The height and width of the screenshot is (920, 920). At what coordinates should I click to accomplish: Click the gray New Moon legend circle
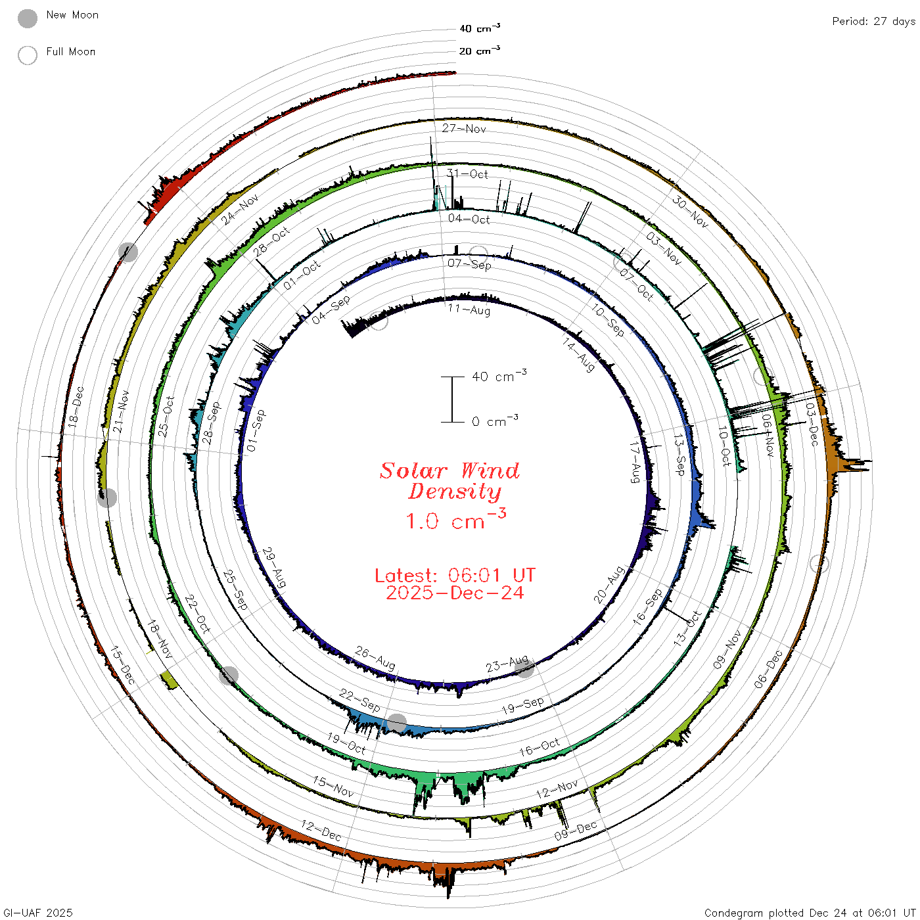pos(28,18)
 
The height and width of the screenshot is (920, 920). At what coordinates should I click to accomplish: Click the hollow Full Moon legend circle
pos(28,55)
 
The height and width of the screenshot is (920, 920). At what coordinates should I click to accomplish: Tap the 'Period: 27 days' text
pos(873,22)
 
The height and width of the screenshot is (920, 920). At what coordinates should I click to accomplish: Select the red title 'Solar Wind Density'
pos(449,481)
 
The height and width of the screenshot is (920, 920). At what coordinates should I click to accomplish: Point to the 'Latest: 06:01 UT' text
pos(455,575)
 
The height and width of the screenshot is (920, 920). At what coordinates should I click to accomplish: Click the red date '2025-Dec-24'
pos(455,593)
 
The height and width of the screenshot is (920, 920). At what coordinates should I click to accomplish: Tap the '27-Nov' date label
pos(464,128)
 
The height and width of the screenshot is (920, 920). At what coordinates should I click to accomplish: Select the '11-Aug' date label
pos(469,310)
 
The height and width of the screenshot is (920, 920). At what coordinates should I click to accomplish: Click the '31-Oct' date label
pos(467,173)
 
